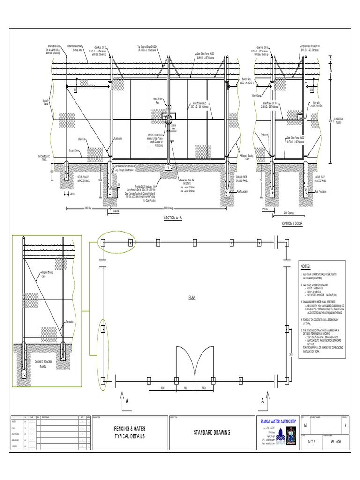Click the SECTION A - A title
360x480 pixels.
pyautogui.click(x=175, y=218)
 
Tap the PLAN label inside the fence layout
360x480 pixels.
pyautogui.click(x=191, y=297)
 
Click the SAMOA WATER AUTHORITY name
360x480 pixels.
pyautogui.click(x=277, y=422)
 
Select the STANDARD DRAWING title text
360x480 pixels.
pyautogui.click(x=212, y=433)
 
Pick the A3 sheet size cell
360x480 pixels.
pyautogui.click(x=307, y=426)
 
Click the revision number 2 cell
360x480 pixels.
pyautogui.click(x=345, y=426)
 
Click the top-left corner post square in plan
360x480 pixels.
pyautogui.click(x=102, y=242)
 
